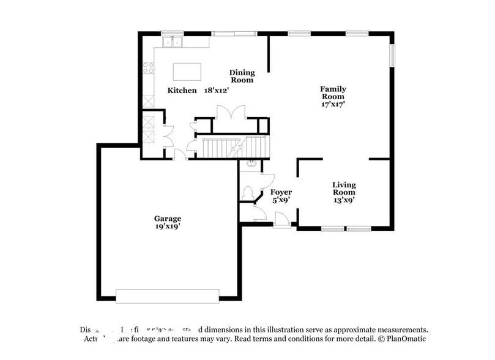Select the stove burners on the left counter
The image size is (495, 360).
pyautogui.click(x=147, y=68)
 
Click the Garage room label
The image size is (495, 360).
pyautogui.click(x=167, y=219)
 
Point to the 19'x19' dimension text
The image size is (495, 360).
pyautogui.click(x=167, y=227)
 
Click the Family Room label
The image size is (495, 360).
pyautogui.click(x=333, y=92)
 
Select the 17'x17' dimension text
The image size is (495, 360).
pyautogui.click(x=333, y=104)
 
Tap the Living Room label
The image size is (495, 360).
pyautogui.click(x=344, y=189)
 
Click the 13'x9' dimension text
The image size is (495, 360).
pyautogui.click(x=344, y=200)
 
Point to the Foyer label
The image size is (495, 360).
pyautogui.click(x=281, y=192)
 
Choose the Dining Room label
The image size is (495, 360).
pyautogui.click(x=242, y=76)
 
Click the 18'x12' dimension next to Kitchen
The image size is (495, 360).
pyautogui.click(x=217, y=91)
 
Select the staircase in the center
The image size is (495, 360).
pyautogui.click(x=236, y=148)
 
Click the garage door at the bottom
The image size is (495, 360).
pyautogui.click(x=167, y=296)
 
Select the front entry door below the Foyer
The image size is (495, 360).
pyautogui.click(x=282, y=221)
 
